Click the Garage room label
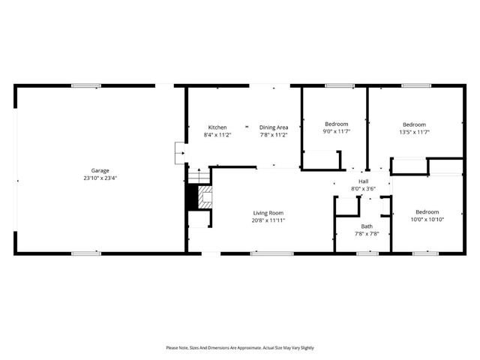[100, 170]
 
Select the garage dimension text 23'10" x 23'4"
[100, 178]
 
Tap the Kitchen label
[217, 127]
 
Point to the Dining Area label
[274, 127]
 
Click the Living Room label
[268, 213]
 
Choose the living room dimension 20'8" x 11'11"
[268, 221]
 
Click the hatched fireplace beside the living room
[203, 198]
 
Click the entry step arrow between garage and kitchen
[179, 153]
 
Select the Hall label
[363, 181]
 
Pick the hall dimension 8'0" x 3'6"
[363, 189]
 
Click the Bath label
[367, 226]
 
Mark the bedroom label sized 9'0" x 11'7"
[336, 124]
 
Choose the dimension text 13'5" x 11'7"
[414, 132]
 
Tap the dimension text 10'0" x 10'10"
[427, 220]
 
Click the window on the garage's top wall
[86, 85]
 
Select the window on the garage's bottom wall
[86, 253]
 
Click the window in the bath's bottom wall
[367, 253]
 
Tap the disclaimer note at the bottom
[240, 348]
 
